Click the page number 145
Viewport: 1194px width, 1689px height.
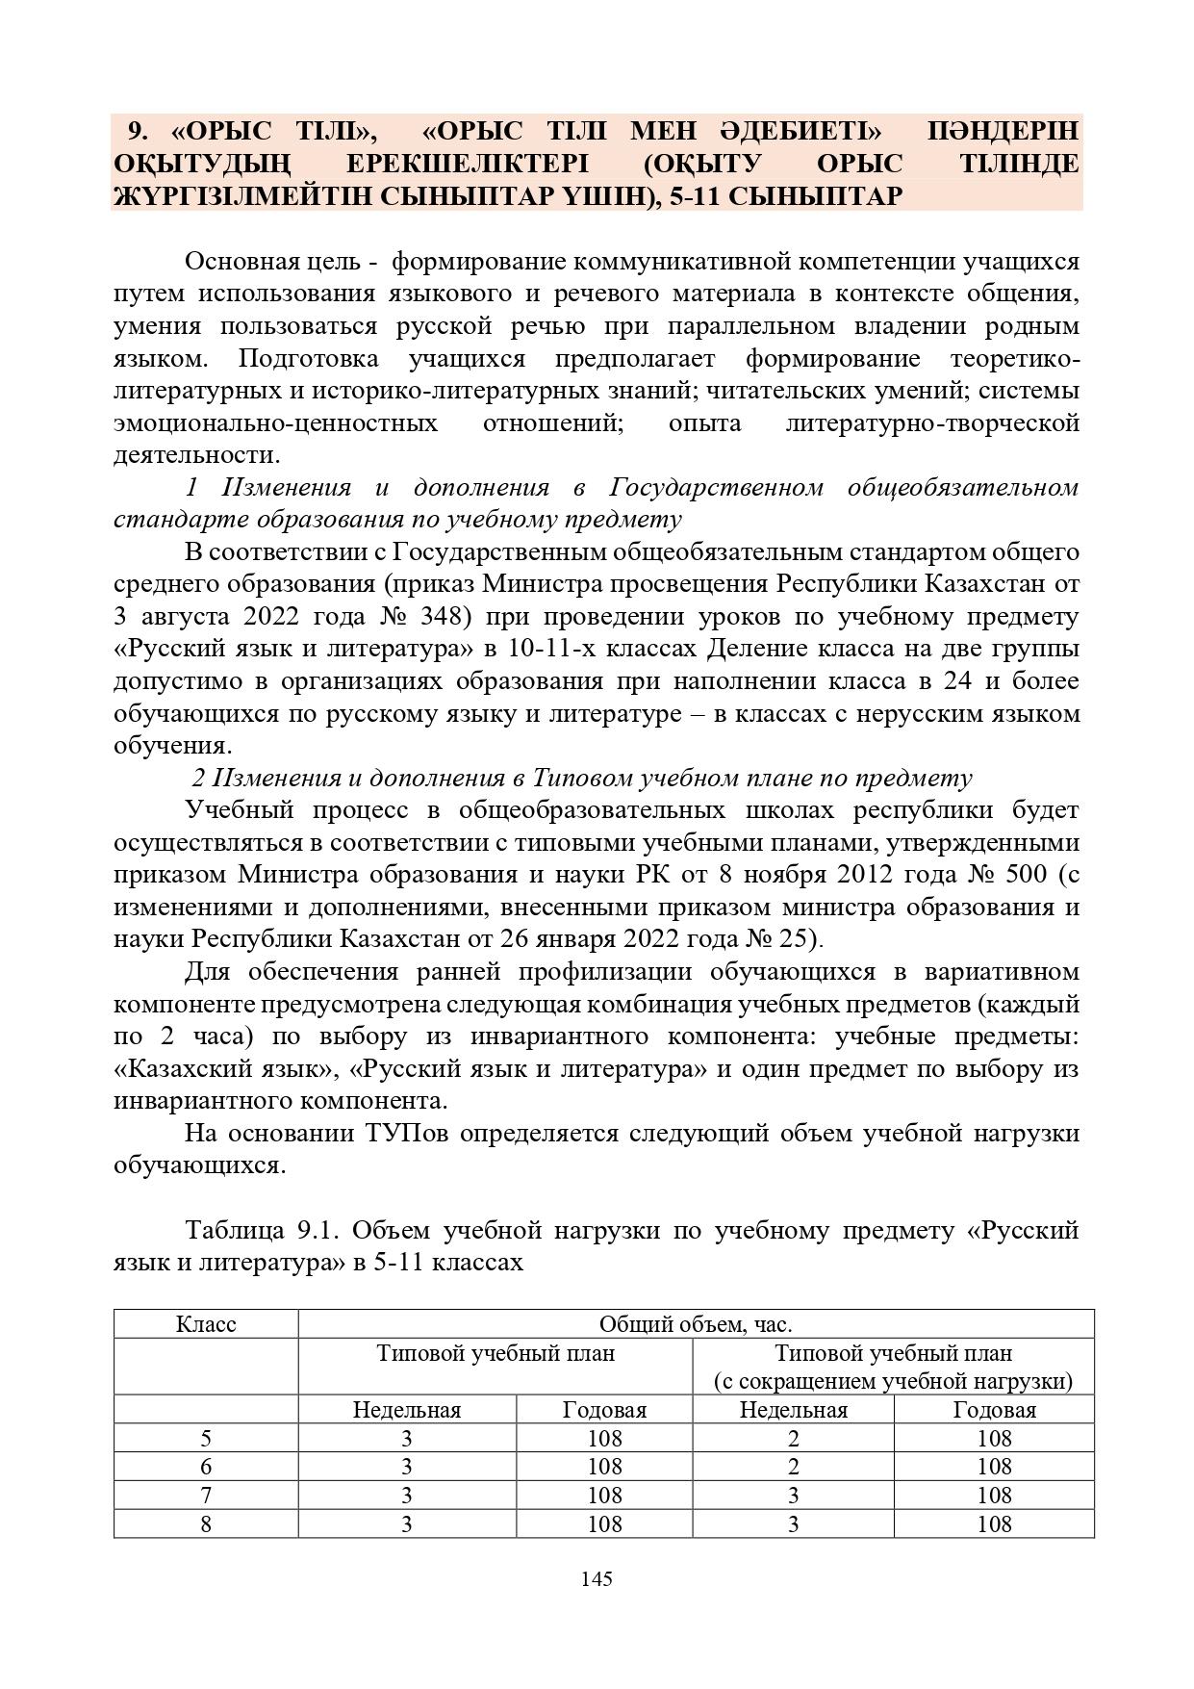click(x=597, y=1578)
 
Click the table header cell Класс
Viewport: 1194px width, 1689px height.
click(x=206, y=1324)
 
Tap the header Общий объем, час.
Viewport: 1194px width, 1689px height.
click(x=696, y=1324)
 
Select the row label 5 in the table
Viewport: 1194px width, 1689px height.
click(x=206, y=1439)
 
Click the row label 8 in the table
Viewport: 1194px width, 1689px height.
click(x=206, y=1523)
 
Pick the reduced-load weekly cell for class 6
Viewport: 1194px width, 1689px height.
click(x=793, y=1467)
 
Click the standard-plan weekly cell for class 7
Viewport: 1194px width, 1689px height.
click(x=407, y=1496)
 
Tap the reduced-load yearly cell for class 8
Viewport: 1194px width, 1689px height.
click(x=994, y=1523)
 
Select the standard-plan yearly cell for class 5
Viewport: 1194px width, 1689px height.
click(x=604, y=1439)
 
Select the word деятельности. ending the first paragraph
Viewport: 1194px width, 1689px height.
click(x=197, y=454)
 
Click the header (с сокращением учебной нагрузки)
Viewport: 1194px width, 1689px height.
click(x=893, y=1381)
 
